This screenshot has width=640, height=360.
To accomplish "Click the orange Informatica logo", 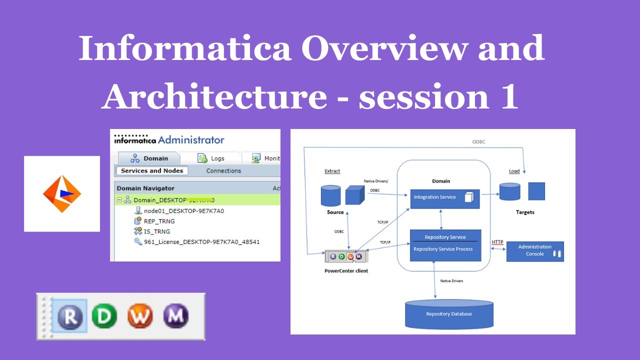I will tap(62, 194).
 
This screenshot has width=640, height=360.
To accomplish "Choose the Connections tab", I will tap(223, 171).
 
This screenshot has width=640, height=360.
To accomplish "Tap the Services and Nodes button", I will tap(152, 171).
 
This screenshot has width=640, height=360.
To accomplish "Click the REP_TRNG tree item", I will tap(159, 221).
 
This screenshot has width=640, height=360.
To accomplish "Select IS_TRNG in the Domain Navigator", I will tap(156, 231).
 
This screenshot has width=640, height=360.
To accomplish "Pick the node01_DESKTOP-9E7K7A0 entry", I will tap(183, 211).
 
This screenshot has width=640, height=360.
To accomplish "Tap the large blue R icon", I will tap(69, 316).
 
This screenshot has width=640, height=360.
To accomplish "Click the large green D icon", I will tap(104, 316).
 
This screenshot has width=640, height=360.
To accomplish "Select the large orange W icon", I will tap(140, 316).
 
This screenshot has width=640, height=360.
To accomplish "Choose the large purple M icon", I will tap(176, 316).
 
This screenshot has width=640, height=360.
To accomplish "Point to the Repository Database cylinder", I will tap(449, 313).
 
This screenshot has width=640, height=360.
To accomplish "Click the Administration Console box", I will tap(534, 251).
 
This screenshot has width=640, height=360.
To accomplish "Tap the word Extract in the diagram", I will tap(332, 171).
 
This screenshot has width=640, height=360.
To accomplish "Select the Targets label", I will tap(525, 212).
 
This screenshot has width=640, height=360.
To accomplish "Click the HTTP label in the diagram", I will tap(497, 242).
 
